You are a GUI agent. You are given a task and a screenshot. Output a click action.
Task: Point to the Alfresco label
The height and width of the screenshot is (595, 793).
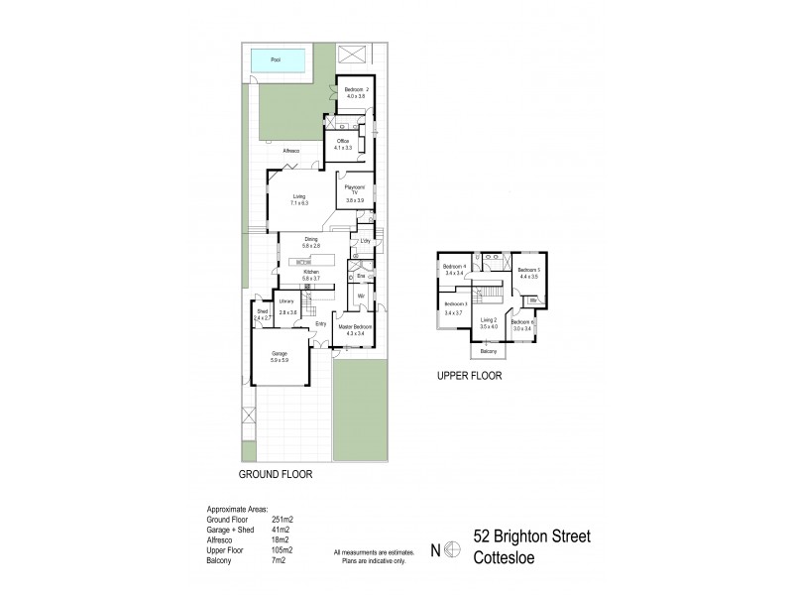coord(290,151)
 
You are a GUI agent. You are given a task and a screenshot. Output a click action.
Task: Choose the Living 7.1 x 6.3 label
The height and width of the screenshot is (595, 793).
coord(298,199)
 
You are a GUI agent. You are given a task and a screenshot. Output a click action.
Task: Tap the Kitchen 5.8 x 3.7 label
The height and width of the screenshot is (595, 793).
coord(310,275)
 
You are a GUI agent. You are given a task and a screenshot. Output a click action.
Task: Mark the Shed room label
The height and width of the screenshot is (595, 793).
coord(262,313)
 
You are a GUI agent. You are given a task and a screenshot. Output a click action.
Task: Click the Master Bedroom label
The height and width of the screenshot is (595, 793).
coord(355,328)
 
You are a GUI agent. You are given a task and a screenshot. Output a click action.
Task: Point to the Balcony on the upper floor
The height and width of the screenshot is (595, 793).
coord(488,351)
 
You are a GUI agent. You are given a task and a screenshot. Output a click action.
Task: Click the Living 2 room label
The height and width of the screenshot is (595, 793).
coord(488,322)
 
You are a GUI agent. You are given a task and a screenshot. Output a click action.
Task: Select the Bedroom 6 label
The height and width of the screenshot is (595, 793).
coord(522,324)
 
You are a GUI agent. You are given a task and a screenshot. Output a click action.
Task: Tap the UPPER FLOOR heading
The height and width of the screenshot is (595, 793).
coord(470,376)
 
